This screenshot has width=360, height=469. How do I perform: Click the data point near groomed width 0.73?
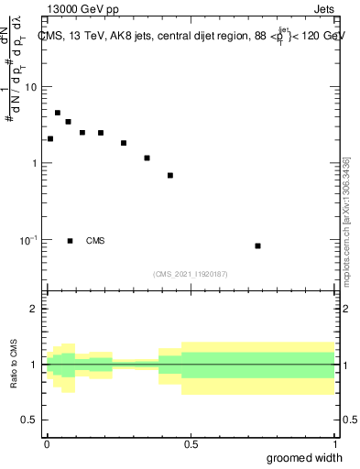(257, 245)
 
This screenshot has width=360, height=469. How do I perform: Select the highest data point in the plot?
(58, 114)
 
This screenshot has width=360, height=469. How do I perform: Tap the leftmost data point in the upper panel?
(50, 139)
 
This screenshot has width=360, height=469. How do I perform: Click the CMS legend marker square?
(70, 241)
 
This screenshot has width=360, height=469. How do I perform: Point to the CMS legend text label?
(95, 241)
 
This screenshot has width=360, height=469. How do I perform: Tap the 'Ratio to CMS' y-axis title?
(15, 365)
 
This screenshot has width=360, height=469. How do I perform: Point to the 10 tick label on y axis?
(31, 87)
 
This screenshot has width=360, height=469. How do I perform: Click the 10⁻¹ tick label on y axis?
(28, 240)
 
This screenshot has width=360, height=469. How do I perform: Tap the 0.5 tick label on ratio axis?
(31, 420)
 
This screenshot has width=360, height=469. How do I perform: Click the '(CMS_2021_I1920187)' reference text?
(191, 273)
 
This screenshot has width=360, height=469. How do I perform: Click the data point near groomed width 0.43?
(170, 175)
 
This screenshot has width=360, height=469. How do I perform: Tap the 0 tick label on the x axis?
(47, 444)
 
